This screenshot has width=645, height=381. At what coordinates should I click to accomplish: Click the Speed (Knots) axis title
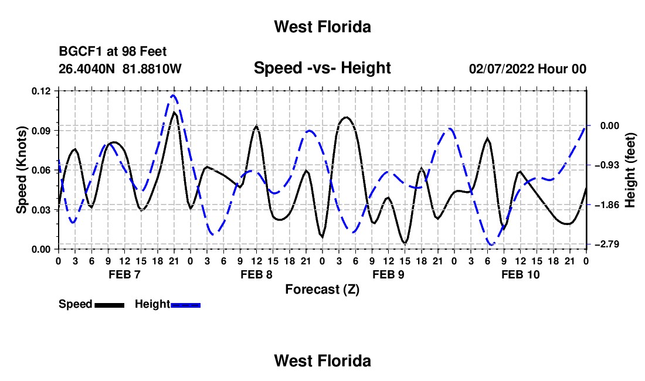click(x=21, y=170)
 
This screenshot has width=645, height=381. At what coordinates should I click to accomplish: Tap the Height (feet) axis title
click(x=630, y=170)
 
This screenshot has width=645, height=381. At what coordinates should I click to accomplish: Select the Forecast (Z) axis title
click(x=322, y=290)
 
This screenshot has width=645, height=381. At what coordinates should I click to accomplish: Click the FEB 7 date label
click(x=125, y=274)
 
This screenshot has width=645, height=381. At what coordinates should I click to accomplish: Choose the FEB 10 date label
click(x=520, y=274)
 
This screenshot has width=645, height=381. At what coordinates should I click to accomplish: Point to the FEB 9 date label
click(x=388, y=274)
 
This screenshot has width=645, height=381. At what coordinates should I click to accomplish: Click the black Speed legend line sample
click(x=110, y=305)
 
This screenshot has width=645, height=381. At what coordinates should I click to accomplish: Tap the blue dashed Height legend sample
click(x=185, y=305)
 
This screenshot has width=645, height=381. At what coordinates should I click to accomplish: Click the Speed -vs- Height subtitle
click(x=322, y=68)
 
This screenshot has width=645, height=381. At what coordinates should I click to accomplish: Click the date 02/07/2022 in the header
click(x=501, y=69)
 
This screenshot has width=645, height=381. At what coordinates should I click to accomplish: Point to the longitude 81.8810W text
click(x=152, y=69)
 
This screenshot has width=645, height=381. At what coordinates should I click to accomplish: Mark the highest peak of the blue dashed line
click(x=173, y=96)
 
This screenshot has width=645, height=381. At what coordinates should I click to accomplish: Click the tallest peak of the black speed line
click(x=174, y=112)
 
